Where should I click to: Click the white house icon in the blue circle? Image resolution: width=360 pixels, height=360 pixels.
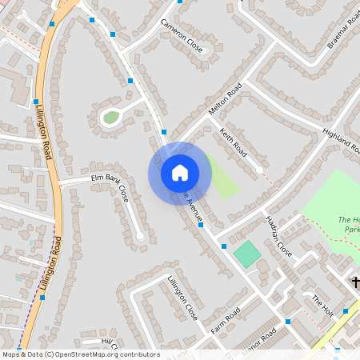click(x=179, y=172)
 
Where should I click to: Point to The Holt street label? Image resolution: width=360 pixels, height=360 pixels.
click(x=323, y=304)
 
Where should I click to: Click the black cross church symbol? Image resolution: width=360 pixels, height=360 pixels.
click(x=356, y=282)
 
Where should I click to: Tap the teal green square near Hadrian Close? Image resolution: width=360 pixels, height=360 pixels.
click(x=247, y=255)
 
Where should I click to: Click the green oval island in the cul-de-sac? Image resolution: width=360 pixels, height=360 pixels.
click(x=110, y=118)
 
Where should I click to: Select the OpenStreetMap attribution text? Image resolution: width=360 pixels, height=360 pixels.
click(x=80, y=354)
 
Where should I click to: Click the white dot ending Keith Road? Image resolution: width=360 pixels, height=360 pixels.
click(x=259, y=170)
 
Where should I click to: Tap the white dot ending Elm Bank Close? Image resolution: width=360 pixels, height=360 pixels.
click(x=141, y=235)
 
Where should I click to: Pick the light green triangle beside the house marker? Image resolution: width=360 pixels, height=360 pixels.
click(x=222, y=180)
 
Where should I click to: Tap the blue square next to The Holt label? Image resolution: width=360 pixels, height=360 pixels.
click(x=346, y=310)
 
